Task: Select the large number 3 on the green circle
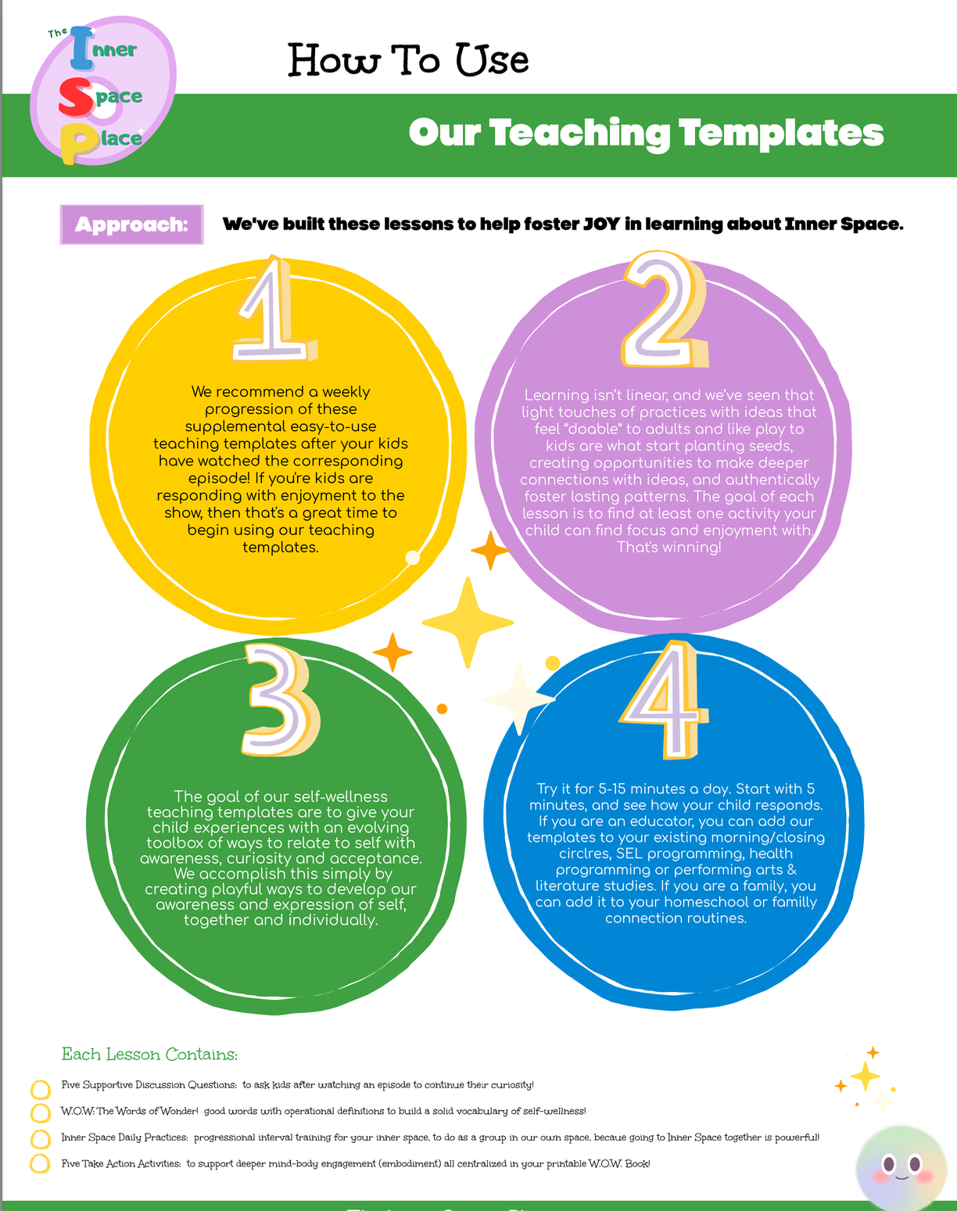[x=280, y=700]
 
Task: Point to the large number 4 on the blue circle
[x=664, y=700]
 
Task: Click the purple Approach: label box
[x=131, y=225]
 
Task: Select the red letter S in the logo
[x=76, y=96]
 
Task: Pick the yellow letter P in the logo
[x=75, y=143]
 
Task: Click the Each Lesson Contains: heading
[x=149, y=1055]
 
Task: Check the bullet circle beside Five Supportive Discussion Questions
[x=40, y=1089]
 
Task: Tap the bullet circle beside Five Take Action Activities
[x=40, y=1164]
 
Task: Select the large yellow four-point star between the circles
[x=468, y=623]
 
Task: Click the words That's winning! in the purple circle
[x=668, y=547]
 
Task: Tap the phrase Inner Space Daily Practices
[x=124, y=1137]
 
